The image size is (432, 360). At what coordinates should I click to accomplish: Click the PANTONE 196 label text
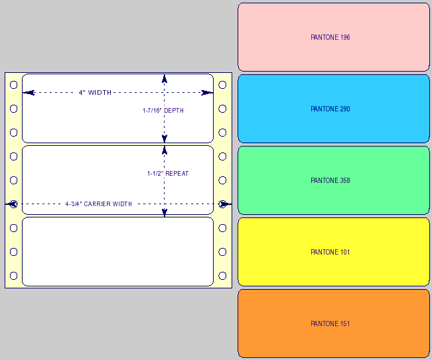click(330, 37)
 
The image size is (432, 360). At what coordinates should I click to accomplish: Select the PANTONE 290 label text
click(330, 109)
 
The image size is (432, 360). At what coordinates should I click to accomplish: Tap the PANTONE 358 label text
click(330, 180)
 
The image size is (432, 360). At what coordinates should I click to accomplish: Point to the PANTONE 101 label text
click(330, 252)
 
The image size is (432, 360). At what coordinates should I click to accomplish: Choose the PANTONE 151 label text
click(330, 324)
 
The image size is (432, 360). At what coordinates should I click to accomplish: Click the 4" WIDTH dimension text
click(95, 92)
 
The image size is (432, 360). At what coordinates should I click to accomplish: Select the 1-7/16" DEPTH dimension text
click(163, 110)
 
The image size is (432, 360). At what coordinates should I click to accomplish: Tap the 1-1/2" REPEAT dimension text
click(168, 174)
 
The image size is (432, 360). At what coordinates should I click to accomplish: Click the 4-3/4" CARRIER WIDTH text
click(99, 204)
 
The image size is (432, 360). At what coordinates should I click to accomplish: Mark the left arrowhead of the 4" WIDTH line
click(29, 92)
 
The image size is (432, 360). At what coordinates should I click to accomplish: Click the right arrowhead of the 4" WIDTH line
click(207, 92)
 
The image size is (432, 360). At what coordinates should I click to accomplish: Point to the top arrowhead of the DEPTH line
click(165, 78)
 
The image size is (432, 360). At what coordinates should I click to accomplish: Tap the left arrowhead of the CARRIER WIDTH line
click(11, 204)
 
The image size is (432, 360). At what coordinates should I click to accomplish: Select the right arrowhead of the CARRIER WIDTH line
click(225, 204)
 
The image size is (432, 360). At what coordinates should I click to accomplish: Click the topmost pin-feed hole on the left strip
click(13, 85)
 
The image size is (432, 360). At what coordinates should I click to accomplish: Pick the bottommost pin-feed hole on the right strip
click(222, 276)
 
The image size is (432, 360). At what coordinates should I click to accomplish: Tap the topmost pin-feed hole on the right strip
click(222, 85)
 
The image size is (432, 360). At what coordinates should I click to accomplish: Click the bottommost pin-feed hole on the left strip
click(13, 276)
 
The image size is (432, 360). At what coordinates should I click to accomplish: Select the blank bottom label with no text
click(117, 251)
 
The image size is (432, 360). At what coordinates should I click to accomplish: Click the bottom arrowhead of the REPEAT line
click(165, 212)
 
